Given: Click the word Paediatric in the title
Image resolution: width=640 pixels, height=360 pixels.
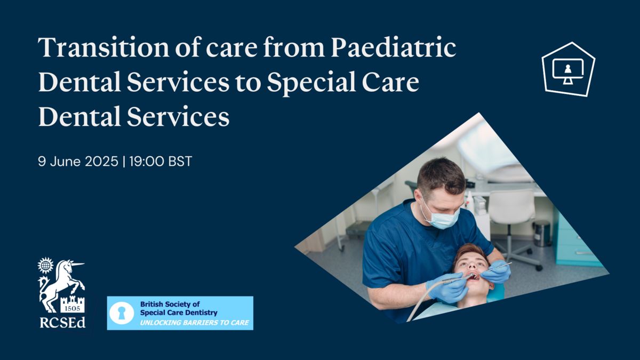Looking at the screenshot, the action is pos(394,47).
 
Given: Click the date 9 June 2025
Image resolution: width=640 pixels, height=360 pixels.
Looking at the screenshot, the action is pos(78,162).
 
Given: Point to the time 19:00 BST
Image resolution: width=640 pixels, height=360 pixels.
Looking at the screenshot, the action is pos(161,162).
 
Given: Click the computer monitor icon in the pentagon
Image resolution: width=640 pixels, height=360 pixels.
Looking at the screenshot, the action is pos(567,71).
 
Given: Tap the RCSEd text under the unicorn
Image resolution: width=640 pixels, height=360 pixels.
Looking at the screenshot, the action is pos(62,323).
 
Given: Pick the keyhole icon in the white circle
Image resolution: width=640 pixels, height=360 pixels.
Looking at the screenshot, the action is pos(122,314).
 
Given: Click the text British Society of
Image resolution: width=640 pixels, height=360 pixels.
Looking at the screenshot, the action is pos(170,304).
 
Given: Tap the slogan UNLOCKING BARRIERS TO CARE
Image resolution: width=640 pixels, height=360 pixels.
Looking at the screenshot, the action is pos(194,323).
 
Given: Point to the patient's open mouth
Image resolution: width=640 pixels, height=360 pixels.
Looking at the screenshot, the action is pos(473,277).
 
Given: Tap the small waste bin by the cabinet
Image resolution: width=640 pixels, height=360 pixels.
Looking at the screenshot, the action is pos(542,234).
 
